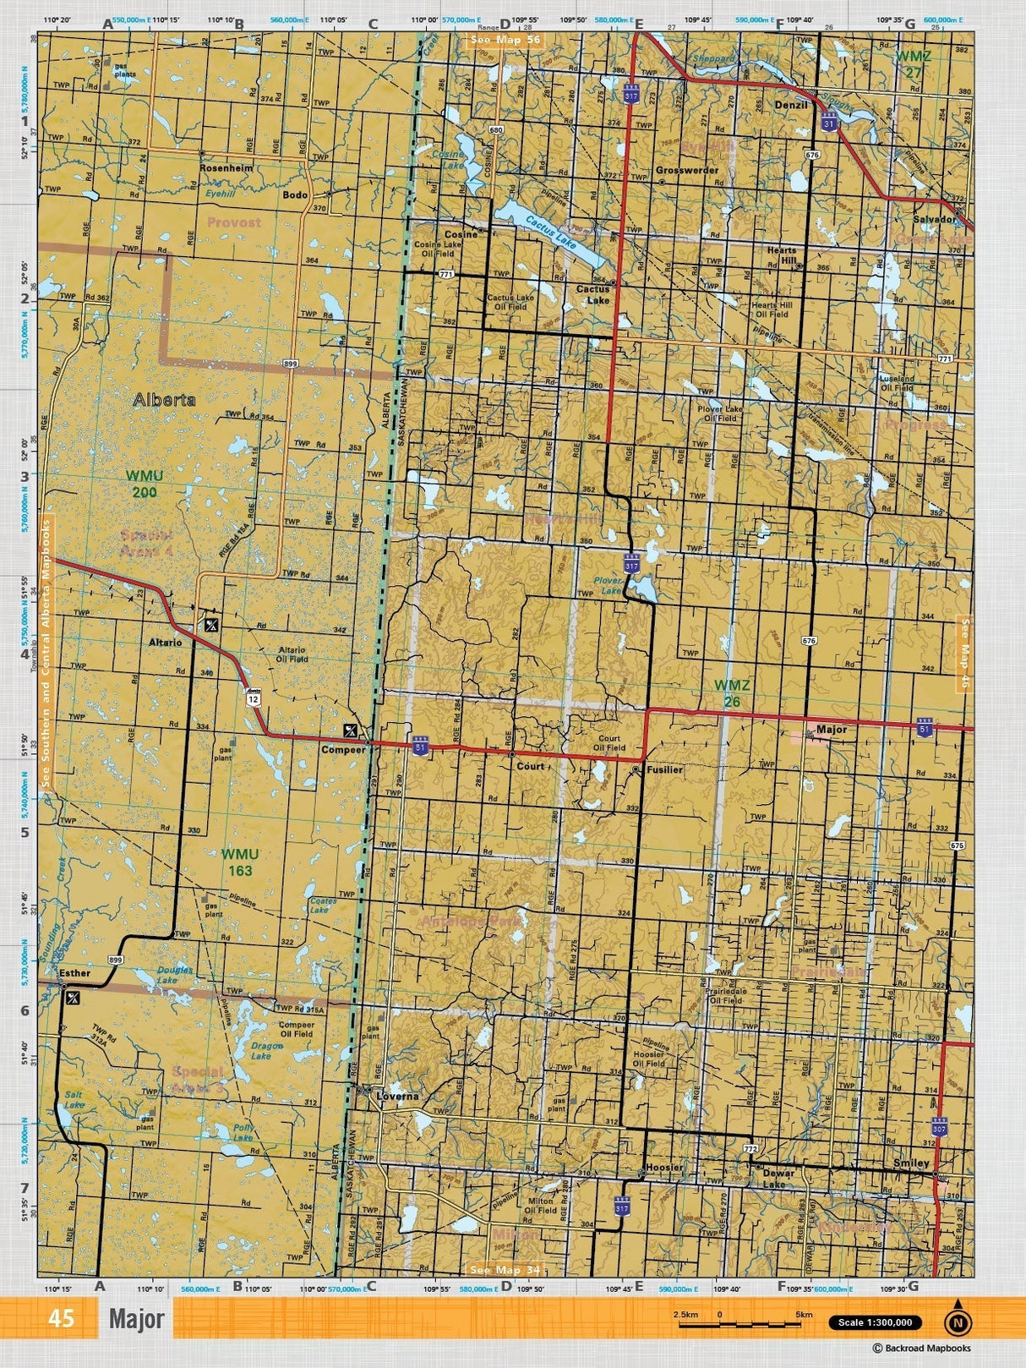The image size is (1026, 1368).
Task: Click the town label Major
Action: pyautogui.click(x=832, y=728)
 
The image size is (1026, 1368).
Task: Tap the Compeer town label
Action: pyautogui.click(x=342, y=749)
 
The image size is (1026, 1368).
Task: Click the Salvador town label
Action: pyautogui.click(x=934, y=218)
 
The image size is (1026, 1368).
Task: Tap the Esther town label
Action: pyautogui.click(x=74, y=972)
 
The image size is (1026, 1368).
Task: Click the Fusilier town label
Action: pyautogui.click(x=664, y=770)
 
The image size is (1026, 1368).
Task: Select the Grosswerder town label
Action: pyautogui.click(x=687, y=170)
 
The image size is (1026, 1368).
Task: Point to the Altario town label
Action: pyautogui.click(x=166, y=643)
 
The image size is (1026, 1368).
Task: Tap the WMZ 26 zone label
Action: pyautogui.click(x=732, y=692)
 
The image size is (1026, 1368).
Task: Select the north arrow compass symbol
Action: pyautogui.click(x=957, y=1318)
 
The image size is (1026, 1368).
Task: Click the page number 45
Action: pyautogui.click(x=61, y=1319)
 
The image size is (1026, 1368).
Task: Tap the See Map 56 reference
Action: pyautogui.click(x=505, y=39)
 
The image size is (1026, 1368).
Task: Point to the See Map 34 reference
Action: pyautogui.click(x=505, y=1270)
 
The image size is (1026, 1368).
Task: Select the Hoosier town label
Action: pyautogui.click(x=663, y=1168)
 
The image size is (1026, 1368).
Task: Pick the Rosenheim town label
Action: pyautogui.click(x=226, y=168)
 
